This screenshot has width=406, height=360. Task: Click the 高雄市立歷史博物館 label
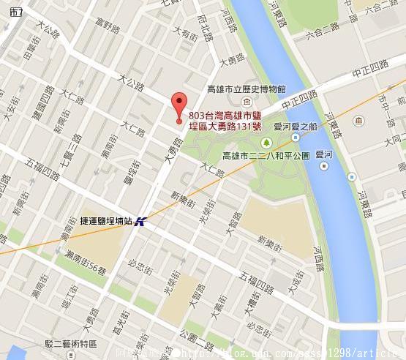click(246, 89)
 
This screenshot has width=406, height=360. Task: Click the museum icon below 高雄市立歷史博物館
click(247, 101)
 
